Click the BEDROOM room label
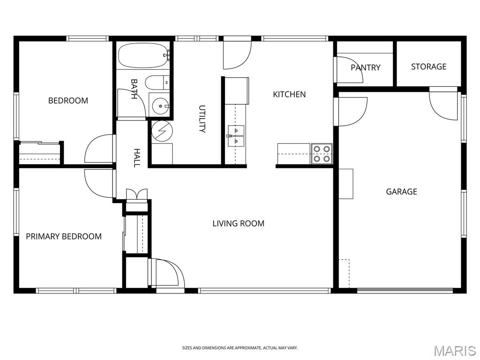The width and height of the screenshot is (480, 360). click(68, 100)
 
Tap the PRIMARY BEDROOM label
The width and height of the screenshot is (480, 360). click(64, 236)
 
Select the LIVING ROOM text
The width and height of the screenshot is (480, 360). click(239, 224)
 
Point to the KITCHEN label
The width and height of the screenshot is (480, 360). click(289, 94)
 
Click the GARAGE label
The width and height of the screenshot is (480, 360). click(401, 192)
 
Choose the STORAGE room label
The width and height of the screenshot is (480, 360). click(428, 67)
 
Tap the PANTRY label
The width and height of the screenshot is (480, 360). click(366, 67)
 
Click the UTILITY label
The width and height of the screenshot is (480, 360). click(202, 119)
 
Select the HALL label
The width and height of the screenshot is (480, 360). click(137, 158)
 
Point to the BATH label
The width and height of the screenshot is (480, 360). click(134, 89)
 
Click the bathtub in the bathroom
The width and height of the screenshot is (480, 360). click(143, 55)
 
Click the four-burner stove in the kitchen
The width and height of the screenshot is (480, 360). click(322, 154)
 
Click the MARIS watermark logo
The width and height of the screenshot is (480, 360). click(455, 351)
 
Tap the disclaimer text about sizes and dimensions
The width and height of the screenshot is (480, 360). click(240, 348)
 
